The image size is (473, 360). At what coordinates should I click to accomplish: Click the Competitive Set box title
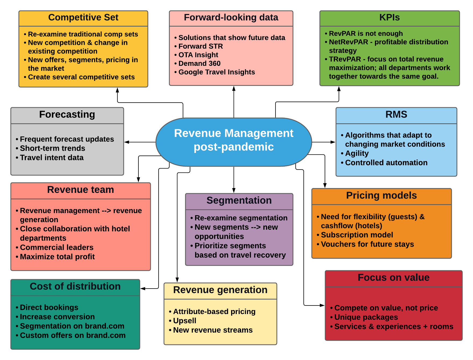(x=83, y=17)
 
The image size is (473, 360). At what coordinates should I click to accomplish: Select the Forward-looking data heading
(x=231, y=17)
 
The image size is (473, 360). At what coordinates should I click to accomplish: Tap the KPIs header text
(x=389, y=17)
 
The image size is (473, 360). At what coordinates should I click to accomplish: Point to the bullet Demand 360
(x=199, y=63)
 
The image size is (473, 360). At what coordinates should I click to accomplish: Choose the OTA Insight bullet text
(x=198, y=55)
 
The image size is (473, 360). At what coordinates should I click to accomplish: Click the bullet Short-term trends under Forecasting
(x=52, y=148)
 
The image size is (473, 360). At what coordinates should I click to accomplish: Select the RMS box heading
(x=396, y=114)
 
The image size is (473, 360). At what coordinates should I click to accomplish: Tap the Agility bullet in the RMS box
(x=357, y=153)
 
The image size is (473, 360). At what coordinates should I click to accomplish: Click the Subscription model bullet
(x=357, y=235)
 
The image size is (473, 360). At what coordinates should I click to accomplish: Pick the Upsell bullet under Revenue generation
(x=184, y=321)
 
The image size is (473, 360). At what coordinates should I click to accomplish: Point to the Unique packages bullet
(x=366, y=317)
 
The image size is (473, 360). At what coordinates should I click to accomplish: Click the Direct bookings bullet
(x=49, y=307)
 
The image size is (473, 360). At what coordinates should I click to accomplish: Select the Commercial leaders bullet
(x=56, y=247)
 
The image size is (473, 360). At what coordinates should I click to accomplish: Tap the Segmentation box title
(x=239, y=200)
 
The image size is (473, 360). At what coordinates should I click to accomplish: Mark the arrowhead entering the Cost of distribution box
(x=143, y=289)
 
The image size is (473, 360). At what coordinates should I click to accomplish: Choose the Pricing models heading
(x=381, y=196)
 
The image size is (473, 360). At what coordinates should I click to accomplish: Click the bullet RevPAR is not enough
(x=365, y=34)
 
